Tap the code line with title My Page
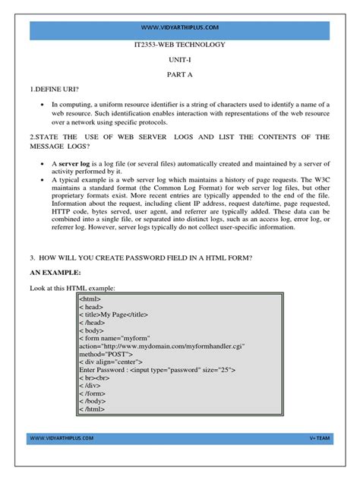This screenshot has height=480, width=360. tap(114, 313)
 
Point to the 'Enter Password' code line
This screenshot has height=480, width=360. tap(156, 370)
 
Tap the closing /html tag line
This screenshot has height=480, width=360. tap(94, 409)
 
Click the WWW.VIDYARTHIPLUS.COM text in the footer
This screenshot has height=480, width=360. tap(63, 437)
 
